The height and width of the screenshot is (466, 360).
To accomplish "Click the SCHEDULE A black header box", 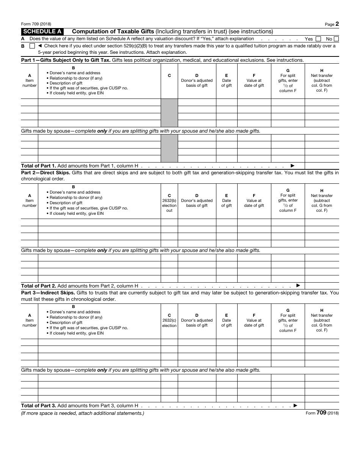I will coord(42,32).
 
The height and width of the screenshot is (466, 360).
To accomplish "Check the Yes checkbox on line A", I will coord(318,39).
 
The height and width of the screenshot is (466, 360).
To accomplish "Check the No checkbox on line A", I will coord(337,39).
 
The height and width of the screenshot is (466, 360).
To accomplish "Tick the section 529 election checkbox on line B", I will coord(32,46).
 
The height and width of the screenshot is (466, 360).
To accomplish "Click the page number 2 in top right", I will coord(337,24).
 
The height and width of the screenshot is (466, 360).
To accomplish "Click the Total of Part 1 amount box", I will coord(322,166).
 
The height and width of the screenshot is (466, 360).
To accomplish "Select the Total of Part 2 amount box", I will coord(322,286).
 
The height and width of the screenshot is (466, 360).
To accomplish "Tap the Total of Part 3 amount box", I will coord(322,405).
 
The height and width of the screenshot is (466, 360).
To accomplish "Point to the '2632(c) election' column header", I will coord(169,320).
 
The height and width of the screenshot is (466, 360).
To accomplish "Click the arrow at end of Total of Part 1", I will coord(292,166).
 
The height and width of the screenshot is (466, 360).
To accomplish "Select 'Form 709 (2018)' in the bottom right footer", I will coord(322,413).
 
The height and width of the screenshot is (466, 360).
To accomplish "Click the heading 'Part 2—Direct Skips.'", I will coord(45,173).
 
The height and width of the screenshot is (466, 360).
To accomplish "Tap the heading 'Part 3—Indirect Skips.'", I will coord(48,292).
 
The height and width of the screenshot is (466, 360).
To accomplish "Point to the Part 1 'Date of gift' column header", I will coord(227,81).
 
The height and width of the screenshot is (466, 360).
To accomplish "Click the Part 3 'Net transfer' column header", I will coord(322,320).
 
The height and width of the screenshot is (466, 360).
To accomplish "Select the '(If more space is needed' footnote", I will coord(83,413).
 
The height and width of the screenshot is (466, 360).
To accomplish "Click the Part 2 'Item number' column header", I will coord(30,201).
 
